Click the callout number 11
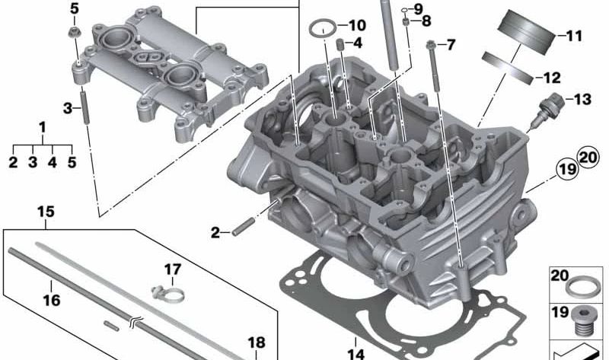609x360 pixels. point(572,36)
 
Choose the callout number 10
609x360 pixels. point(357,25)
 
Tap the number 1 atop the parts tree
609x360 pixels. point(43,126)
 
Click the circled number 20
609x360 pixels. point(587,158)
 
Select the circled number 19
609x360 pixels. point(565,169)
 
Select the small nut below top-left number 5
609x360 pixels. point(75,33)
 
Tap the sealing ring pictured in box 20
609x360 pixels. point(582,287)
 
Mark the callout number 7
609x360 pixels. point(451,45)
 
